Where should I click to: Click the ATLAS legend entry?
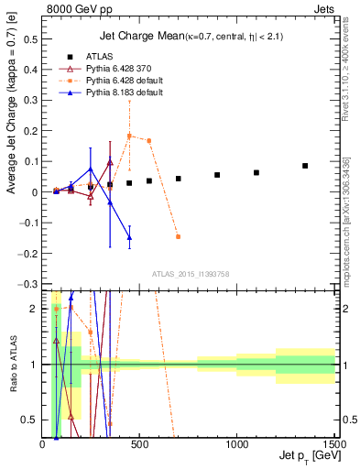(111, 55)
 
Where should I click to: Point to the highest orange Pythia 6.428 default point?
(129, 136)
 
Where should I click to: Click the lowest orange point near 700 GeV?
(178, 236)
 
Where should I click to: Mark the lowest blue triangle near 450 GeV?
(129, 237)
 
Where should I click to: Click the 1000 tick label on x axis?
(237, 445)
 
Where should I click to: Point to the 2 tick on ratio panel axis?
(34, 309)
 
